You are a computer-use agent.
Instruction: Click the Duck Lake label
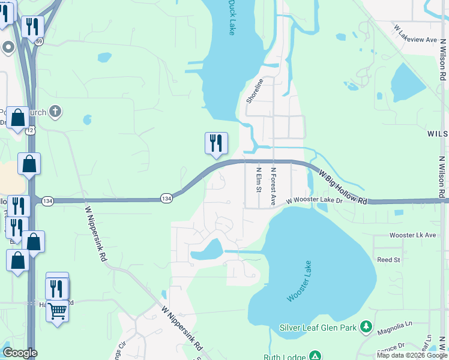[231, 17]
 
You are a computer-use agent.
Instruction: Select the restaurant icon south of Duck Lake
[216, 143]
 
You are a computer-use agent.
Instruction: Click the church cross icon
[55, 111]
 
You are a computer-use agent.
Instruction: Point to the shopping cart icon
[57, 311]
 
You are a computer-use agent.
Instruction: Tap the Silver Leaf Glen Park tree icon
[366, 328]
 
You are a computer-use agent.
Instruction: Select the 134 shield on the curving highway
[167, 197]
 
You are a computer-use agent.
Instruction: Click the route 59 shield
[39, 41]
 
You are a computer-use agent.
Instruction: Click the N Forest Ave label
[273, 186]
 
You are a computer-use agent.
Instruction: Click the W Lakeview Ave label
[414, 34]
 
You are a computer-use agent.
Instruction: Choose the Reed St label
[388, 260]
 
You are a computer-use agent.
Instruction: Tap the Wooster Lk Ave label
[412, 235]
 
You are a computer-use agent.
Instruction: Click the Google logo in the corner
[20, 353]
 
